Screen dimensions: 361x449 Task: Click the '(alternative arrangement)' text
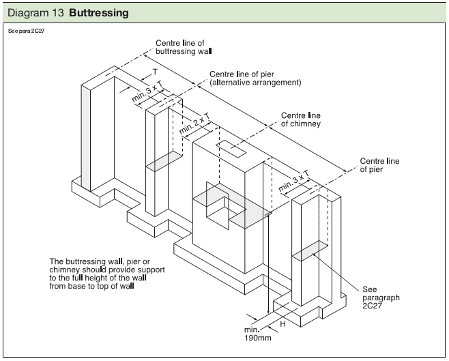coord(255,83)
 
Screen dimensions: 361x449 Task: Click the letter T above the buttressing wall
coord(155,72)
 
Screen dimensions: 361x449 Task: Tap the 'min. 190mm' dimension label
coord(257,334)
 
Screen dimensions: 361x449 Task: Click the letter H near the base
coord(283,324)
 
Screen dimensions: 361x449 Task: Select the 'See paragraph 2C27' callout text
coord(381,298)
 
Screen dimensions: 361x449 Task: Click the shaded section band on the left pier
coord(164,162)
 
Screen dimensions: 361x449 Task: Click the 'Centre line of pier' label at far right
coord(379,166)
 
